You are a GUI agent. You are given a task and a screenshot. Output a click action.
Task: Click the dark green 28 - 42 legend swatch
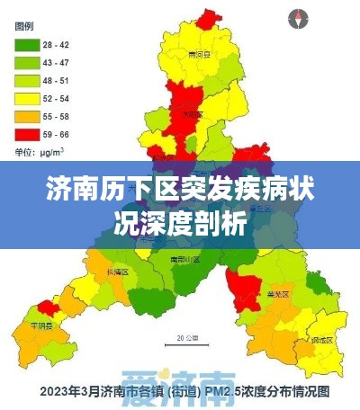point(27,44)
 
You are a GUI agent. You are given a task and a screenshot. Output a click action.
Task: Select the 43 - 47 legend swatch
point(27,62)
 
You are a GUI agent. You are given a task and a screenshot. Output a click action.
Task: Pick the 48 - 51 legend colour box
point(27,80)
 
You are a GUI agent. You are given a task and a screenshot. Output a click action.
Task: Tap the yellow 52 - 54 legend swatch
point(27,98)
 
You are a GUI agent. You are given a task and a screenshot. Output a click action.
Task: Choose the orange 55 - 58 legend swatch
point(27,116)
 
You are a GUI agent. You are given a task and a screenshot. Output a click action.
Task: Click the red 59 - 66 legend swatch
point(27,134)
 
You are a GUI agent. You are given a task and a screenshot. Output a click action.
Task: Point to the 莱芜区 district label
point(278,293)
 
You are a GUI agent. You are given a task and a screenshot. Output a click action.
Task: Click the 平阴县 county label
point(42,325)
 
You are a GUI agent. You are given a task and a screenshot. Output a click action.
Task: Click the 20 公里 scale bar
point(185,342)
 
